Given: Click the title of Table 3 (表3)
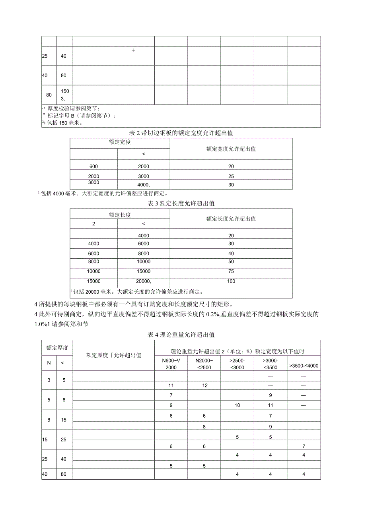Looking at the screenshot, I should coord(181,203).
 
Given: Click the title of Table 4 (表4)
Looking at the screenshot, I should coord(181,335).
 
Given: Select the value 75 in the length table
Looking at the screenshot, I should coord(231,271).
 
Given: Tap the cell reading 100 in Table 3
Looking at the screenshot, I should coord(231,281).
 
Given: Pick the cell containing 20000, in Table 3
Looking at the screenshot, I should coord(144,281).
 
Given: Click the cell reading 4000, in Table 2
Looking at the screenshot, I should coord(144,185).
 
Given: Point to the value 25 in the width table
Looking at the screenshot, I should coord(231,176).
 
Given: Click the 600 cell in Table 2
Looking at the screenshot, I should coord(94,167).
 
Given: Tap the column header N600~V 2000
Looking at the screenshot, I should coord(171,364).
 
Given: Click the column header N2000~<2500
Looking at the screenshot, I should coord(204,364).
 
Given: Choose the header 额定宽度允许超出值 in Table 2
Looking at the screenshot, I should coord(231,149).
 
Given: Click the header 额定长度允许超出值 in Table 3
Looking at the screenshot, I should coord(231,219).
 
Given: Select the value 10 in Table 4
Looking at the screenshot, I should coord(238,405).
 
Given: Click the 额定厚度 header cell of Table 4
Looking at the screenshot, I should coord(57,347).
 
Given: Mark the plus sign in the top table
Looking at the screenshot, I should coord(133,50).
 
